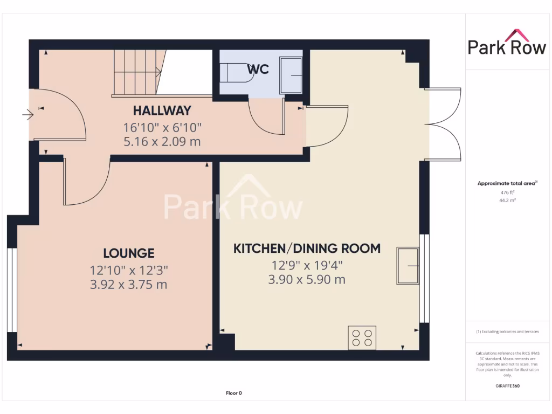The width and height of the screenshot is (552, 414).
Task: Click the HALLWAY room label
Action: click(x=162, y=111)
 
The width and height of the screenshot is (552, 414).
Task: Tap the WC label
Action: click(x=258, y=70)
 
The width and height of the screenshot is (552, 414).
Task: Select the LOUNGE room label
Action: click(x=129, y=253)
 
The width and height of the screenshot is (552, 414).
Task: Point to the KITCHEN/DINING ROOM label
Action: click(x=307, y=249)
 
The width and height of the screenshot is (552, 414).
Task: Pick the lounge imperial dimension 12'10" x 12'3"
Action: click(x=129, y=270)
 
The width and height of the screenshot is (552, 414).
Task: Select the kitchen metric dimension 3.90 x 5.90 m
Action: click(x=307, y=280)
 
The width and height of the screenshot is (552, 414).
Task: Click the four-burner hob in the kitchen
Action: click(x=362, y=337)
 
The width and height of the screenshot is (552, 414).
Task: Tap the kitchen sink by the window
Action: click(x=408, y=266)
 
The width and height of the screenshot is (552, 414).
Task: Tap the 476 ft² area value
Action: click(x=507, y=192)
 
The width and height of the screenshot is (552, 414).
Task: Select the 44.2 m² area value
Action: click(x=507, y=200)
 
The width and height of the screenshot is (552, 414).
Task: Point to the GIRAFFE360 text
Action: click(x=507, y=386)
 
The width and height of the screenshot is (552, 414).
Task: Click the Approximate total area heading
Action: click(x=507, y=183)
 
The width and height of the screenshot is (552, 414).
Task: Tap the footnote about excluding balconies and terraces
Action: click(x=507, y=332)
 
